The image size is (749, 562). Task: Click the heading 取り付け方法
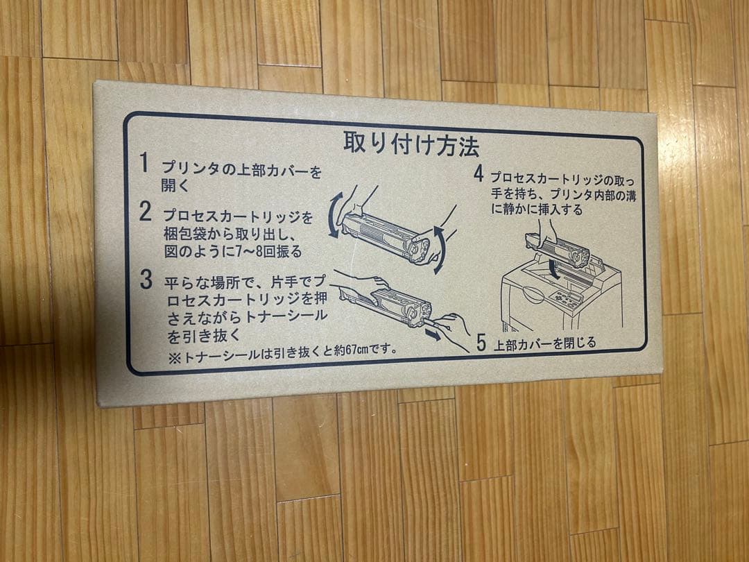[x=411, y=144]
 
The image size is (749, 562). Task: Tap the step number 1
[x=144, y=162]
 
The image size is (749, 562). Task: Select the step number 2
[x=145, y=211]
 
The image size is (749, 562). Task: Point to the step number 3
[x=146, y=279]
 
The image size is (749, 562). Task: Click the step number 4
[x=479, y=173]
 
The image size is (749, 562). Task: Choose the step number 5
[x=481, y=343]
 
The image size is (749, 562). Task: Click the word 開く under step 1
[x=175, y=185]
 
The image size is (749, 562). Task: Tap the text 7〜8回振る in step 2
[x=269, y=251]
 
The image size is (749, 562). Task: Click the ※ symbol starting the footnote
[x=174, y=359]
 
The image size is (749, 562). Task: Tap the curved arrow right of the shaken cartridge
[x=440, y=250]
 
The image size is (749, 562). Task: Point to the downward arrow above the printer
[x=554, y=269]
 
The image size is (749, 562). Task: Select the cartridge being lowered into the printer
[x=557, y=250]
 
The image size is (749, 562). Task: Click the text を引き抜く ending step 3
[x=204, y=335]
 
